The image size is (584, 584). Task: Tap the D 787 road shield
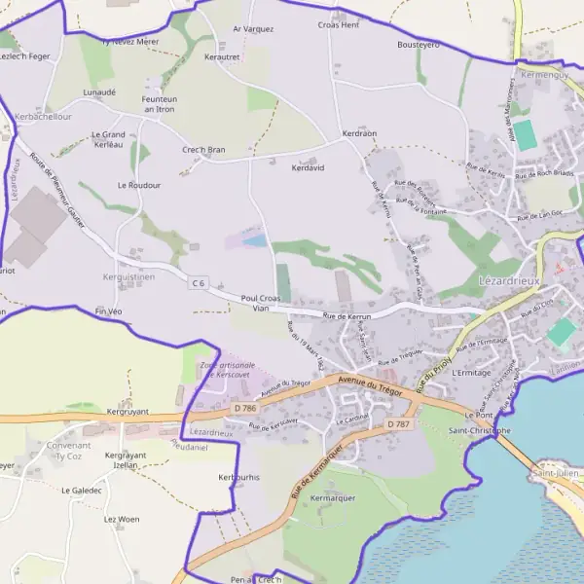coord(397,424)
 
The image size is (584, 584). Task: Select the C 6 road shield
coord(199,283)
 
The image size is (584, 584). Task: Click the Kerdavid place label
coord(308,167)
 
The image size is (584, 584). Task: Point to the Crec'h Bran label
coord(203,150)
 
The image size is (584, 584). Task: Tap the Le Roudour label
coord(138,185)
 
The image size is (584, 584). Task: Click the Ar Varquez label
coord(253,29)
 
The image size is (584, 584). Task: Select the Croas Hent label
coord(339,25)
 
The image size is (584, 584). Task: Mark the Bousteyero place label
coord(419,45)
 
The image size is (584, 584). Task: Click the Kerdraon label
coord(359,132)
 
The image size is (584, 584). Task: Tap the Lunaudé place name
coord(99,92)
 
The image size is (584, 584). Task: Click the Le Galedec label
coord(81,491)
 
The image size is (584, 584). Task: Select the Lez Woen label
coord(122,520)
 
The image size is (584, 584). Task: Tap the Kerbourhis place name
coord(239,478)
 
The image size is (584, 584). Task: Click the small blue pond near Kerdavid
coord(254,239)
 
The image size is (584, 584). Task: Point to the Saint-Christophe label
coord(479,430)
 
